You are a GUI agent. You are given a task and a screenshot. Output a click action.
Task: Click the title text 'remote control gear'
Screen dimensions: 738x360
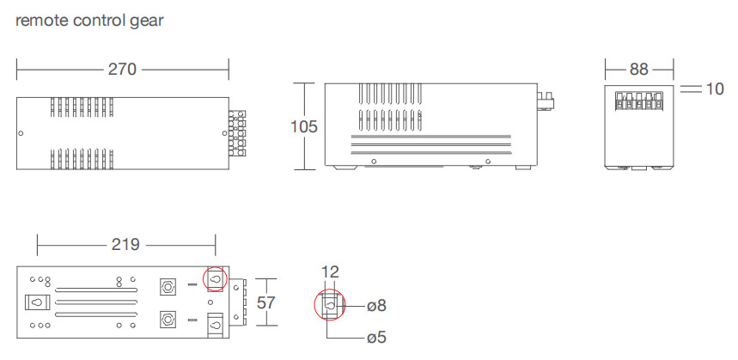click(89, 21)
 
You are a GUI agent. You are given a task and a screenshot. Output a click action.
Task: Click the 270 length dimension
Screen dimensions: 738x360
click(122, 70)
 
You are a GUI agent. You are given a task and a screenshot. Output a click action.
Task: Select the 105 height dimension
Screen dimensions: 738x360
click(304, 126)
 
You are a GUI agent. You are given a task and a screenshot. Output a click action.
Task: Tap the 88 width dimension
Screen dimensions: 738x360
click(638, 70)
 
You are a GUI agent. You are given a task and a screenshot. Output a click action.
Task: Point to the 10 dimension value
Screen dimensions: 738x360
click(715, 89)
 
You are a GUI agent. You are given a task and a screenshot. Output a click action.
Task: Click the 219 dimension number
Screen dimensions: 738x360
click(125, 245)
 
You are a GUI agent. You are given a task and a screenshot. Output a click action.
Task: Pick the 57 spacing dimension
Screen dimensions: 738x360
click(266, 302)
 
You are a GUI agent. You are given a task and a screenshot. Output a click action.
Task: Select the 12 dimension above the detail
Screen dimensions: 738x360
click(330, 272)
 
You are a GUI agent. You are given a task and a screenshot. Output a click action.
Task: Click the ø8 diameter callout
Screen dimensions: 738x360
click(376, 306)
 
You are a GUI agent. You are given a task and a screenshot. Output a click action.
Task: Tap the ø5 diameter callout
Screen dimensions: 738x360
click(376, 338)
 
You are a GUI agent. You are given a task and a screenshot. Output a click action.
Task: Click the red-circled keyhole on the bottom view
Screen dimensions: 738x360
click(215, 279)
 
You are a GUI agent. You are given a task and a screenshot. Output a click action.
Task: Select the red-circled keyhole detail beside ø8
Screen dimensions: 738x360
click(329, 307)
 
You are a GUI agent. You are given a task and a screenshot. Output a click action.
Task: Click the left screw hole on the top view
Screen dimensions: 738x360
click(21, 134)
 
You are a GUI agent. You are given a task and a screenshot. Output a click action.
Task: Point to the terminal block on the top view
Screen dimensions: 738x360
click(237, 134)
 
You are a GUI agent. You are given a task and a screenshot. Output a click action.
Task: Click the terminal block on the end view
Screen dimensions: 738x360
click(638, 101)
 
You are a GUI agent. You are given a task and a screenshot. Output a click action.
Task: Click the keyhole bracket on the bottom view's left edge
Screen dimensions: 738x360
click(35, 302)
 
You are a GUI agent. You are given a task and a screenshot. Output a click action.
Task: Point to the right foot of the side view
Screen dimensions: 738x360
click(523, 167)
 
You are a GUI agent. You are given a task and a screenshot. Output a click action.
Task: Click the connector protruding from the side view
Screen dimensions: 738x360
click(545, 102)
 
